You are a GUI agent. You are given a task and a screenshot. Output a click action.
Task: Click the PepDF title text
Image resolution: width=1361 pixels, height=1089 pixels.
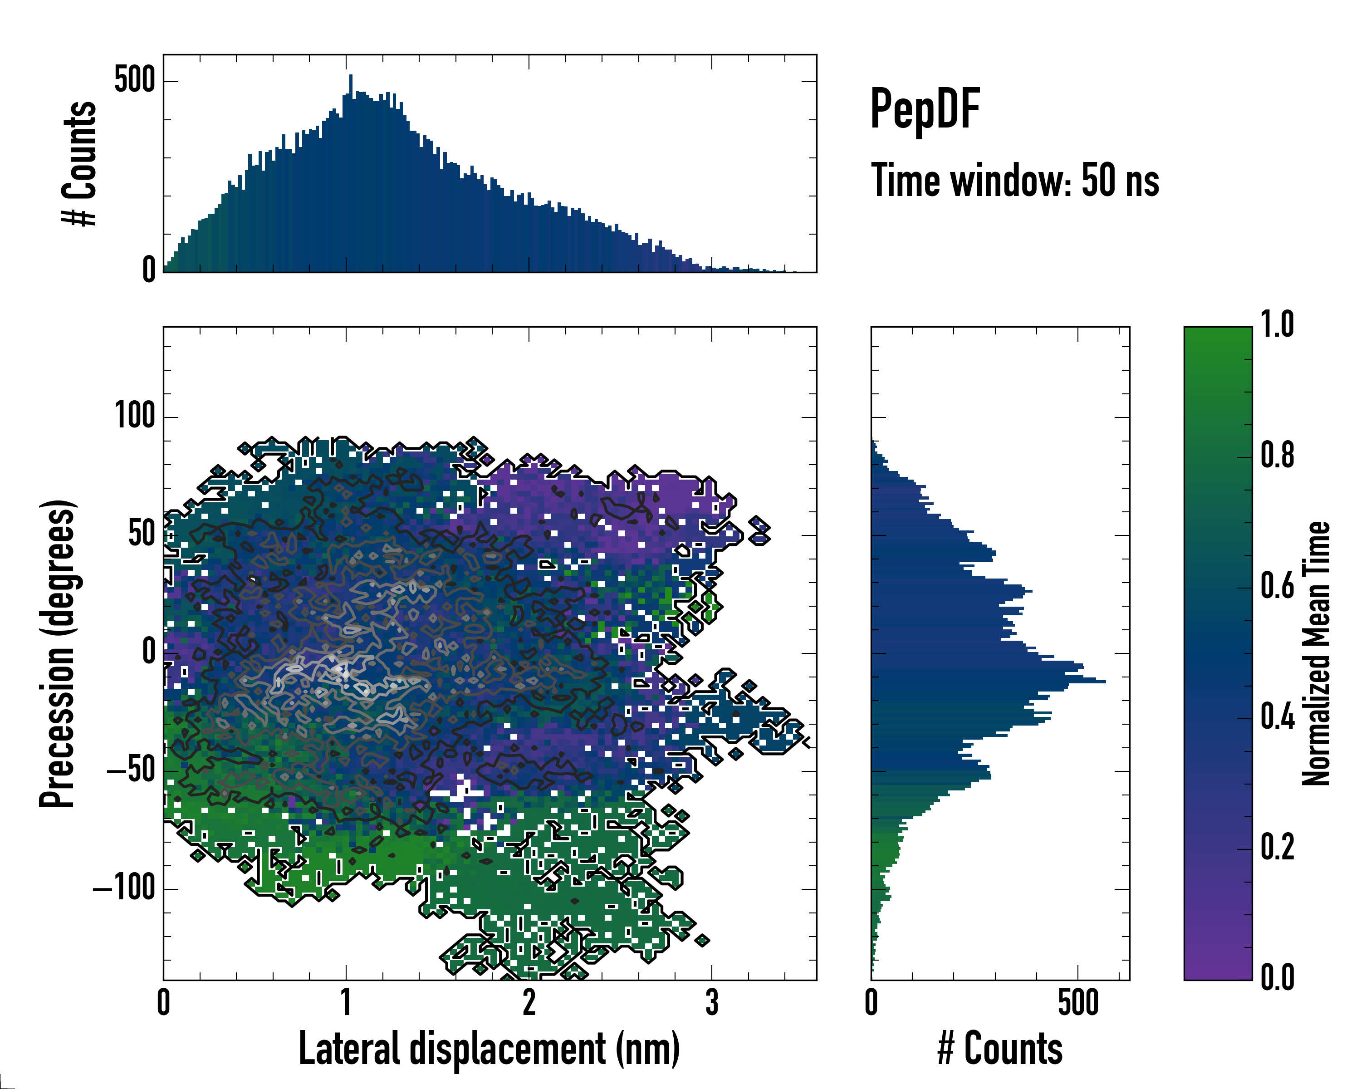coord(925,109)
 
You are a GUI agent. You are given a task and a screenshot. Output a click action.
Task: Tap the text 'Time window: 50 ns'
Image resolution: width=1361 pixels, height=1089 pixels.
coord(1014,181)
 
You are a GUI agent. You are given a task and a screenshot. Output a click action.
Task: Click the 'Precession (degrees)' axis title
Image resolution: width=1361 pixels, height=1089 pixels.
coord(58,653)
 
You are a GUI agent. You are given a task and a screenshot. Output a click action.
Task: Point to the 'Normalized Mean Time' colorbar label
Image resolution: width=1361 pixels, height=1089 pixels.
coord(1316,653)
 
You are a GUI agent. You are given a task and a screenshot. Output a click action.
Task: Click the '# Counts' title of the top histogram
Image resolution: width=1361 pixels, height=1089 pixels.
coord(80,163)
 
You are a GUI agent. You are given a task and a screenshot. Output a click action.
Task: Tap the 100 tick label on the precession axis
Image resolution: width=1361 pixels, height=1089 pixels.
coord(134,416)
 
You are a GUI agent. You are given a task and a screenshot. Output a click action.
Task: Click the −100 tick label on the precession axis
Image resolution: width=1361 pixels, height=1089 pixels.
coord(124,888)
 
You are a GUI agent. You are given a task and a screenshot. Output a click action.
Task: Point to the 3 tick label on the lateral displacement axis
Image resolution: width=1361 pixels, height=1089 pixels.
coord(711,1002)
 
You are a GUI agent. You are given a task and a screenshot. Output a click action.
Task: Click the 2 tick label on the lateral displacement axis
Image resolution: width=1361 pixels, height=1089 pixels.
coord(529,1002)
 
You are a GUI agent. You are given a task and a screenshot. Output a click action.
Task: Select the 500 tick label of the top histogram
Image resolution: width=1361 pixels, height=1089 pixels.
coord(134,81)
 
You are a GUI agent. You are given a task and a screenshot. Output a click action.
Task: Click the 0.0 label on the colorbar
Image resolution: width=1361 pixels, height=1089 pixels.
coord(1277,978)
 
